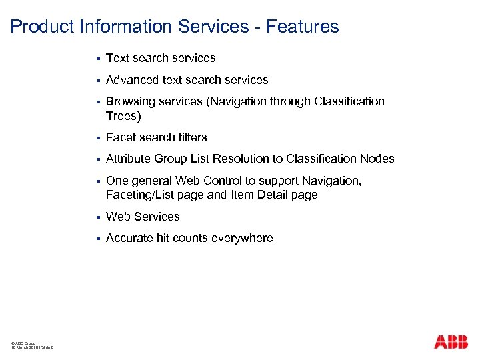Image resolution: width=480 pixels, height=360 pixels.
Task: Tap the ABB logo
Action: pos(451,342)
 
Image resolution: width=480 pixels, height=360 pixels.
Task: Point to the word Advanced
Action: pos(132,80)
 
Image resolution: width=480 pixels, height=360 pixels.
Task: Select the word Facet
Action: pos(121,137)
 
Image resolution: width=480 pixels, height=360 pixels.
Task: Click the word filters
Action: pos(192,137)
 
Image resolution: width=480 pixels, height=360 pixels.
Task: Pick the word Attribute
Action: pos(129,159)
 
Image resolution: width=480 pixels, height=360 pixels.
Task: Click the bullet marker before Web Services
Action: pos(97,217)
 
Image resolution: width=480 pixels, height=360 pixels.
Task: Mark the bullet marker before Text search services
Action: pos(97,59)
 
